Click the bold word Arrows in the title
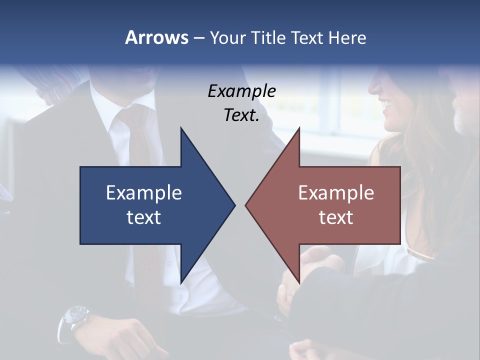(x=156, y=37)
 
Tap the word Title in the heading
(x=267, y=37)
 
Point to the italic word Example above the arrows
(x=241, y=91)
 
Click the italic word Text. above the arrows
(x=241, y=115)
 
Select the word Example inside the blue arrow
(x=143, y=192)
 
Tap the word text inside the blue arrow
(x=143, y=217)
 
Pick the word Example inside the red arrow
(x=336, y=192)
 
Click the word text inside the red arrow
(x=336, y=217)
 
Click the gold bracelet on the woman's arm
(x=420, y=253)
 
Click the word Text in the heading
(x=307, y=37)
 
